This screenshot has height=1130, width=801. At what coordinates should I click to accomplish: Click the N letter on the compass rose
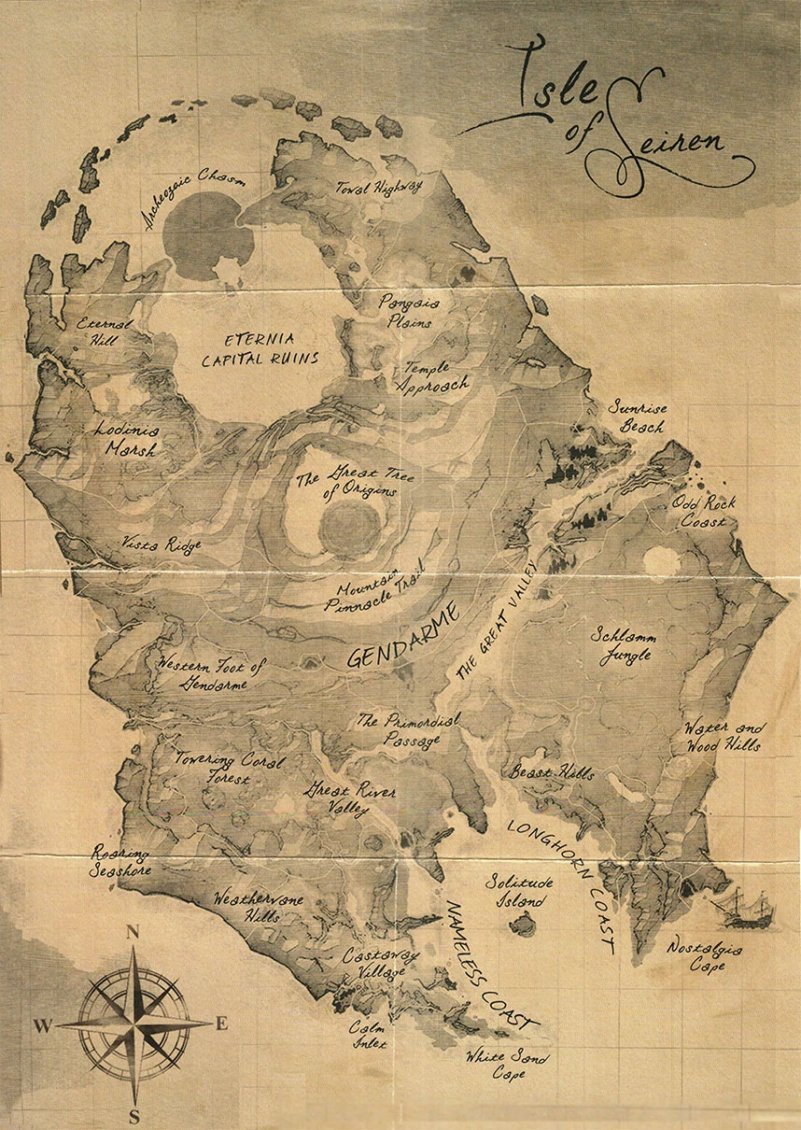point(133,931)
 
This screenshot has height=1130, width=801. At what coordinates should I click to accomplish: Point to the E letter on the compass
point(222,1024)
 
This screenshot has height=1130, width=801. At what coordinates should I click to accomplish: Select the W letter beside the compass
point(43,1026)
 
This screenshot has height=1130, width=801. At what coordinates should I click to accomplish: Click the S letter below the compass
point(134,1116)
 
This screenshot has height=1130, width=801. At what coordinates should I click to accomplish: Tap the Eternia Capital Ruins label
point(260,348)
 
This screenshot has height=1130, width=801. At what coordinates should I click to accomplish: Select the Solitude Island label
point(520,891)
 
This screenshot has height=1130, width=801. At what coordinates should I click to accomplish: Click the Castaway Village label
point(374,964)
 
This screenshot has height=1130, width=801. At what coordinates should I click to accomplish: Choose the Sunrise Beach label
point(637,417)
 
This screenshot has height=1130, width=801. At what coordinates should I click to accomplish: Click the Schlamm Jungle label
point(625,644)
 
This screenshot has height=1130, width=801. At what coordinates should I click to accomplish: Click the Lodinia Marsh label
point(126,440)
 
